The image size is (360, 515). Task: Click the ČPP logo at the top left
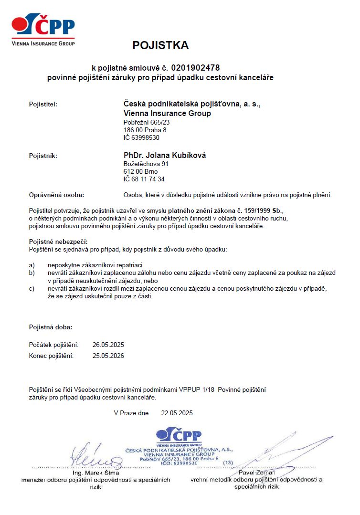coord(43,30)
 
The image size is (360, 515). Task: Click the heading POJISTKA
coord(160,45)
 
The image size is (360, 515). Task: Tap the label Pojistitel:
coord(43,104)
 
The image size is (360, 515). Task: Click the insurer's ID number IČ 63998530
coord(141,137)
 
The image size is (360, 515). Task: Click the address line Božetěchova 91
coord(146,164)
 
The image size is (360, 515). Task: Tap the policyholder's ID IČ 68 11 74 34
coord(144,179)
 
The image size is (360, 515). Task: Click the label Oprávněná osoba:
coord(56,195)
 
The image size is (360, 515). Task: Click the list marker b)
coord(32,273)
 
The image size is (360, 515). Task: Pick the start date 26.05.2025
coord(108,345)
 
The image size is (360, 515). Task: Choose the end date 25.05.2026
coord(108,356)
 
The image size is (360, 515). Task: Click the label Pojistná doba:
coord(51,327)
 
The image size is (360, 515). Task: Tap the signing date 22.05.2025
coord(177,413)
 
